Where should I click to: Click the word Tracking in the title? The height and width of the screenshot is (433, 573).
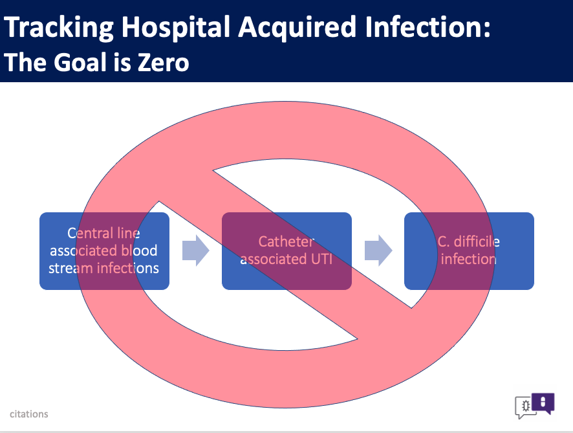(59, 28)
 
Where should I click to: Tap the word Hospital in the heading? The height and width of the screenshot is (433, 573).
(176, 28)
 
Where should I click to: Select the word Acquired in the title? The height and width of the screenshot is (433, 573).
(297, 28)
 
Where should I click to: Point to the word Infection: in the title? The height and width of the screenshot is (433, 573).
(427, 27)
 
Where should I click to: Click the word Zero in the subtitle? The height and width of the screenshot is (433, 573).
(164, 62)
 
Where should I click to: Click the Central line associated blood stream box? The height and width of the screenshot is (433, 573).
(104, 251)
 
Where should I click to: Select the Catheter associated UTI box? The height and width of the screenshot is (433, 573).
(287, 251)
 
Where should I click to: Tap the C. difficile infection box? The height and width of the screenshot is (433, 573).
(470, 251)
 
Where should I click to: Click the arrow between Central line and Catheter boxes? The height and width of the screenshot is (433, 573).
(196, 251)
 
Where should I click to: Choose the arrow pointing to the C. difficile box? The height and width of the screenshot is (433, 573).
(378, 251)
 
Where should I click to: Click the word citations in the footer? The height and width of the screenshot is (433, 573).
(29, 414)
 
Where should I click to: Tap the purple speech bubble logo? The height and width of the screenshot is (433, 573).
(543, 403)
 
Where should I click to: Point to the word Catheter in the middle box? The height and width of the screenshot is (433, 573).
(286, 241)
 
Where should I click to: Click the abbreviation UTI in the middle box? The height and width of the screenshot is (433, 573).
(321, 259)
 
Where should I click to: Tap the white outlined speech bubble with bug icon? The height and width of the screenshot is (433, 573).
(525, 406)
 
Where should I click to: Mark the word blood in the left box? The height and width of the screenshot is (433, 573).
(139, 250)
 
